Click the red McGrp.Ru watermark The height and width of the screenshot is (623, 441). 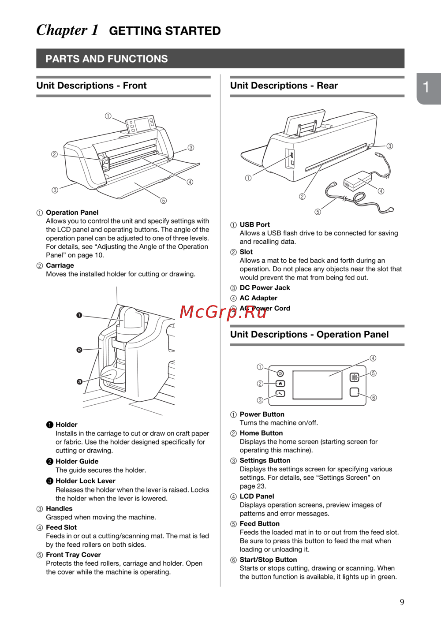point(223,312)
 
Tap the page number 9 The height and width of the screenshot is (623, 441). point(402,602)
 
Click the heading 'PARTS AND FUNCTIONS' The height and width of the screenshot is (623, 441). point(107,59)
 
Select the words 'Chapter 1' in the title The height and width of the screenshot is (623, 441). point(67,30)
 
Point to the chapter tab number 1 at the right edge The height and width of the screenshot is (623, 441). point(426,87)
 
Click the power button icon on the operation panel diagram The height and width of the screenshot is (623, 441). point(280,373)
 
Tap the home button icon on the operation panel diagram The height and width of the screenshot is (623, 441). point(280,384)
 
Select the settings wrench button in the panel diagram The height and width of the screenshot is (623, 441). point(280,393)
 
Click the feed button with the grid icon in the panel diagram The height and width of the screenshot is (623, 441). point(354,377)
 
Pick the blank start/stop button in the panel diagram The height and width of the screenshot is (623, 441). point(354,392)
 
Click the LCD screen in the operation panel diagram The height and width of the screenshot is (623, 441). point(318,384)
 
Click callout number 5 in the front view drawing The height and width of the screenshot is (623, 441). point(163,201)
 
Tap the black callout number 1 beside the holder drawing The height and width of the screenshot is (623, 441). point(79,315)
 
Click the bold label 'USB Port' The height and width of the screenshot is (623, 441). point(254,224)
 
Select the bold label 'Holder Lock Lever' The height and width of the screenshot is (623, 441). point(86,481)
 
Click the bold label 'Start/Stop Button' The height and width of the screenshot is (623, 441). point(268,560)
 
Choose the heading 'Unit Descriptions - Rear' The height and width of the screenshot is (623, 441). point(284,86)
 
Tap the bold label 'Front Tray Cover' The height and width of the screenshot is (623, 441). point(73,555)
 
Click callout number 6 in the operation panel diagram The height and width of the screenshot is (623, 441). point(374,398)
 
